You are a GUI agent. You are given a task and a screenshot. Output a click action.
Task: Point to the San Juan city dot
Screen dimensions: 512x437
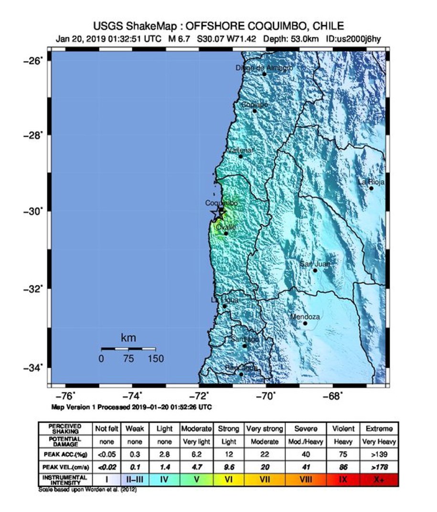coord(315,271)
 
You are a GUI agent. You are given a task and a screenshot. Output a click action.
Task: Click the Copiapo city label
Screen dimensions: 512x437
coord(254,104)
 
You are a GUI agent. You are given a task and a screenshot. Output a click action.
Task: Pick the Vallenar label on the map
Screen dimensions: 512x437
coord(240,150)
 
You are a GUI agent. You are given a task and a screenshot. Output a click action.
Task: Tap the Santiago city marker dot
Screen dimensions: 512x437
coord(245,345)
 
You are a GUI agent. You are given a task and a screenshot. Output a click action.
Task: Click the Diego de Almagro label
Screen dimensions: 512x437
coord(264,68)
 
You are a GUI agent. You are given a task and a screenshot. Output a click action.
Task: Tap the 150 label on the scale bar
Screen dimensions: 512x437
coord(155,359)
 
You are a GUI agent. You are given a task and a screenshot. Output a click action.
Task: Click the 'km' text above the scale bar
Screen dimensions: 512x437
coord(128,338)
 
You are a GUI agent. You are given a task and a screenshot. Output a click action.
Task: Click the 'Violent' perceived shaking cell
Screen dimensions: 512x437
coord(342,428)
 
